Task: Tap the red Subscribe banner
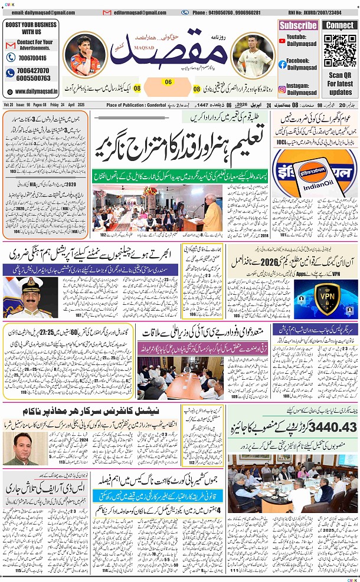[298, 25]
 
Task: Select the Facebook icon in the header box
[283, 64]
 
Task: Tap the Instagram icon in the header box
[283, 89]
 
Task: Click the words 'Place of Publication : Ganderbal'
[137, 105]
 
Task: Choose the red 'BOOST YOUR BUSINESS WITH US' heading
[31, 28]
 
